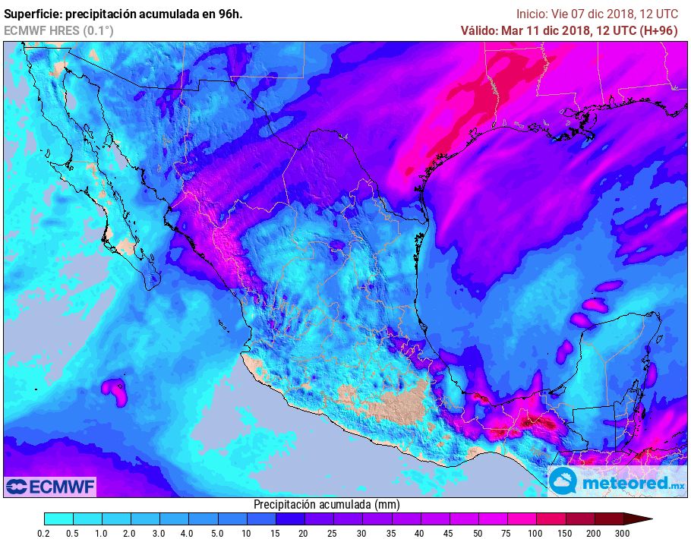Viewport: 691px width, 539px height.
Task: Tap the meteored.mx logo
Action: coord(616,481)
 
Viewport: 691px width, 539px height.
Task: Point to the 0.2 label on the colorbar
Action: coord(45,533)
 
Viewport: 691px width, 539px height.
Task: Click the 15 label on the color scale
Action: coord(276,533)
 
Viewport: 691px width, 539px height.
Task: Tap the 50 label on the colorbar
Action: coord(478,533)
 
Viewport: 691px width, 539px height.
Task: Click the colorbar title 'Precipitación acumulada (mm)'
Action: coord(326,504)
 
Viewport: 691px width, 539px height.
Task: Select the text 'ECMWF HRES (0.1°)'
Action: coord(58,30)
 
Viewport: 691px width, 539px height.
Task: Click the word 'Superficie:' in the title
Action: coord(32,14)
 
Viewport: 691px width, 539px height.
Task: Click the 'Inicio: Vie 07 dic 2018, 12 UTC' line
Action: coord(597,14)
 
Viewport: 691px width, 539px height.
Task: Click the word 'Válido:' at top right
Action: coord(480,30)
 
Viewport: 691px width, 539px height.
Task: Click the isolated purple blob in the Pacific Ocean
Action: coord(115,390)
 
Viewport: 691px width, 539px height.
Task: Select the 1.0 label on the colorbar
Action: coord(102,533)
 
